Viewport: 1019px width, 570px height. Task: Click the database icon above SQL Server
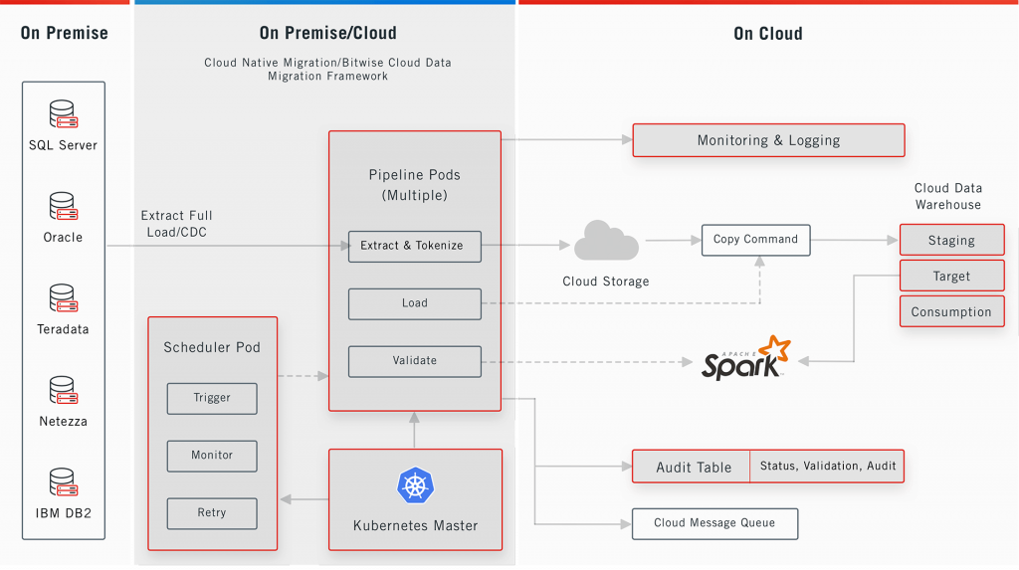(63, 114)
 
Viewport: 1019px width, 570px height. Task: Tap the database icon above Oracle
(63, 207)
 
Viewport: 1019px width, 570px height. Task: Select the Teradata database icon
(63, 298)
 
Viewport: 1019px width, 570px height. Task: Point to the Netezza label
(63, 422)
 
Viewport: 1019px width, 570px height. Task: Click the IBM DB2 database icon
(63, 482)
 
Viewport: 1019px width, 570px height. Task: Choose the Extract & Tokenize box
(414, 246)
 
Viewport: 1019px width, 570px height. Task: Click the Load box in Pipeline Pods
(414, 303)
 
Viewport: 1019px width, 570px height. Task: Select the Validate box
(414, 361)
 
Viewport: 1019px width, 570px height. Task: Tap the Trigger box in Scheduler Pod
(212, 398)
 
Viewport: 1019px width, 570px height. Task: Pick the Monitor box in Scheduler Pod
(212, 456)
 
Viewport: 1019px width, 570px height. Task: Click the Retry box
(212, 513)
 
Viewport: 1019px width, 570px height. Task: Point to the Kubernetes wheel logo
(415, 486)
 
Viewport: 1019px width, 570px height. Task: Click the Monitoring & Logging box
(768, 140)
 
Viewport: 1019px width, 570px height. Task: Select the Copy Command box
(755, 240)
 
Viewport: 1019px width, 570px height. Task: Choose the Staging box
(951, 241)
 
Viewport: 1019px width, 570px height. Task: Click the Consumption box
(951, 311)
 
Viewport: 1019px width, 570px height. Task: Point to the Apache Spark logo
(745, 359)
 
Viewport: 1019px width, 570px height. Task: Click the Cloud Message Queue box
(714, 523)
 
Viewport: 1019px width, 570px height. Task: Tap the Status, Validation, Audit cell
(827, 467)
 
